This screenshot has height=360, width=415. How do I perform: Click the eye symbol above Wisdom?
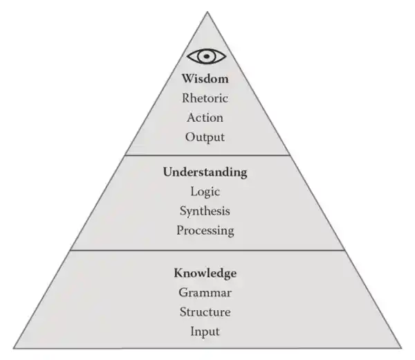205,56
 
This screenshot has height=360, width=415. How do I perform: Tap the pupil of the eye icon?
205,56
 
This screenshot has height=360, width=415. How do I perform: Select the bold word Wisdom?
205,78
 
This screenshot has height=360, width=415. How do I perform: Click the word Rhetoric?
205,98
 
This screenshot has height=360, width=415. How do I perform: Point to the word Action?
205,117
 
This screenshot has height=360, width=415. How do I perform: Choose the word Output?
205,136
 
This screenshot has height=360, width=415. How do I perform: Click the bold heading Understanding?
205,172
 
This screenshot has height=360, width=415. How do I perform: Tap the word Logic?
205,191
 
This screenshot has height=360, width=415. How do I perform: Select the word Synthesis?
205,210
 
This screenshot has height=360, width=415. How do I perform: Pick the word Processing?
205,230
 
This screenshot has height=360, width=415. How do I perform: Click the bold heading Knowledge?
205,273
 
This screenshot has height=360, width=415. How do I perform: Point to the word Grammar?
205,292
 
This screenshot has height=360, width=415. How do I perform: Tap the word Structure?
205,312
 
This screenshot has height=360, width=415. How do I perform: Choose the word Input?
205,331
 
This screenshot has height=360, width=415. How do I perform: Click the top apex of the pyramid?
207,12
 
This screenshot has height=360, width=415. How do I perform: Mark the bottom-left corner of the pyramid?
14,348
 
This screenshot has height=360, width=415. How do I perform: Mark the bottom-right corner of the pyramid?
400,348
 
